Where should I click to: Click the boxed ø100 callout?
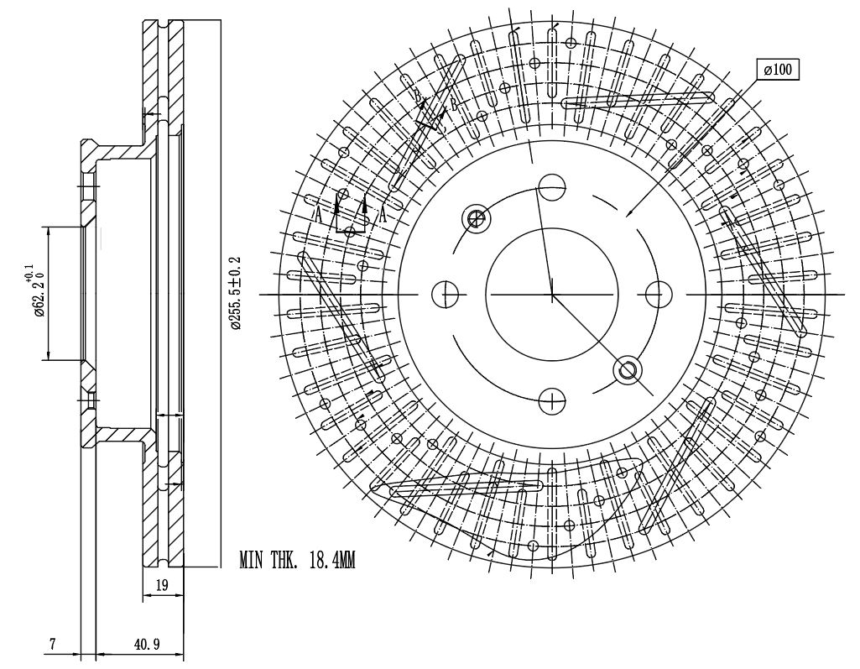coord(778,70)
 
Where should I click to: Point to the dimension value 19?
coord(162,586)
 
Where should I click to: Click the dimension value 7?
coord(52,645)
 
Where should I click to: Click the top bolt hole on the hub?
coord(552,186)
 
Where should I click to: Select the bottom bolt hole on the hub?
coord(552,401)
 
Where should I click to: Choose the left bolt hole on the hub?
coord(445,295)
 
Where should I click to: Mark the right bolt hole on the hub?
coord(659,295)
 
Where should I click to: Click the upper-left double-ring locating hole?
coord(477,219)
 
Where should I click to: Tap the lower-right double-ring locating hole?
coord(628,369)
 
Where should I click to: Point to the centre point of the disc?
coord(552,295)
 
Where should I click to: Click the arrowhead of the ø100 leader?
coord(628,215)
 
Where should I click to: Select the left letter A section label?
coord(318,215)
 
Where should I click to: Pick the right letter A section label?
coord(383,215)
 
